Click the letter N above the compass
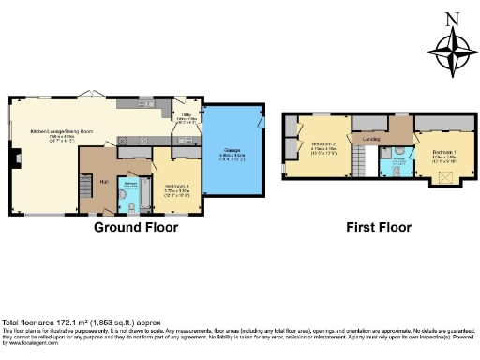tap(452, 17)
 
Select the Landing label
tap(371, 138)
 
